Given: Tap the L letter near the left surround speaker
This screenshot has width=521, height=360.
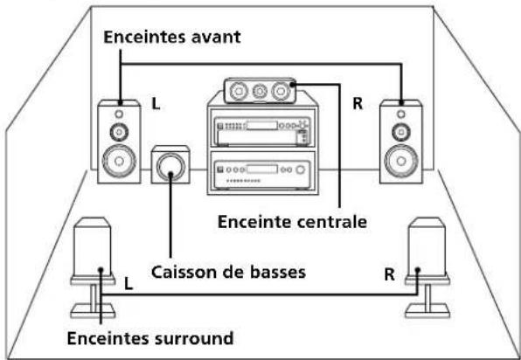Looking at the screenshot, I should click(128, 284).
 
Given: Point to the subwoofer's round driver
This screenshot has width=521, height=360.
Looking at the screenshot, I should click(170, 165).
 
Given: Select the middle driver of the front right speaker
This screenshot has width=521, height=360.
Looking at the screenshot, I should click(400, 132).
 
